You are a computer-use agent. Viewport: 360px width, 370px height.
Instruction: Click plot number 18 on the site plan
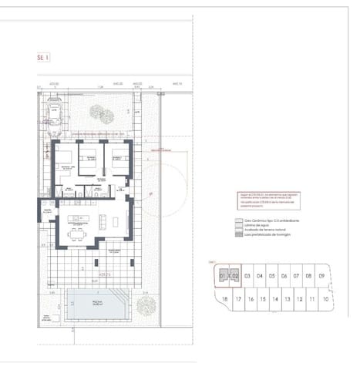[x=224, y=299]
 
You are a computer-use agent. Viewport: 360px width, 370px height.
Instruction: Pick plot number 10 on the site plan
[x=326, y=299]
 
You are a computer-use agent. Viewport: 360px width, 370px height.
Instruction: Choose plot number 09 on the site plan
[x=320, y=275]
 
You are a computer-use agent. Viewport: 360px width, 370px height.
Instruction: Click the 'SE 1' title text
[x=42, y=57]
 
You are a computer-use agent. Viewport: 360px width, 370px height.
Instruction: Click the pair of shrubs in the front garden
[x=103, y=116]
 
